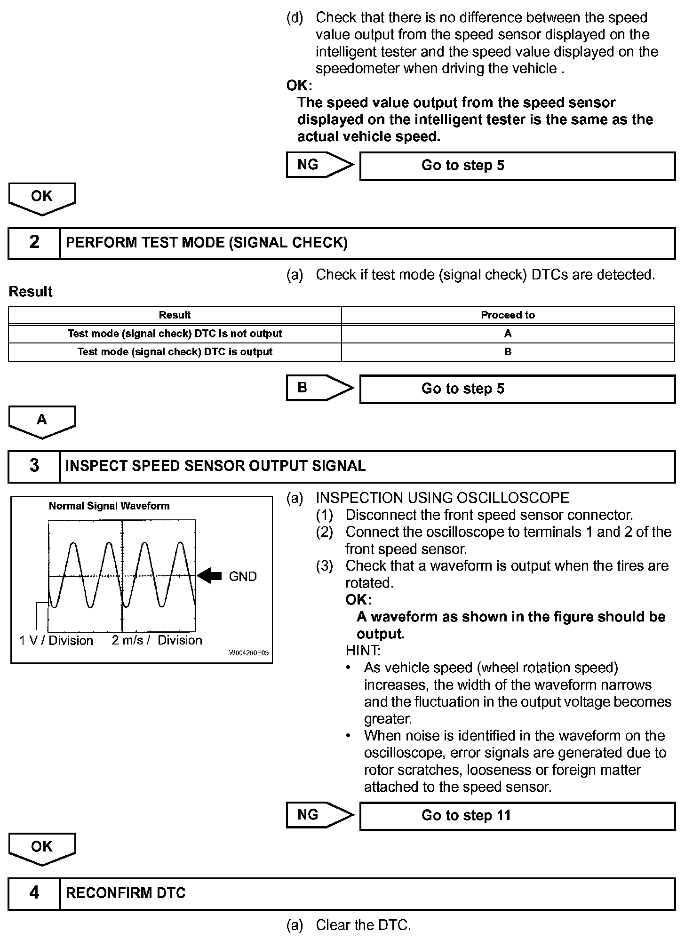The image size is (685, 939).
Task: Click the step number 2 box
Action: point(34,243)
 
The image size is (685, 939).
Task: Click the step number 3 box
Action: point(34,466)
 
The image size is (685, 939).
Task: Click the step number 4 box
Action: point(34,893)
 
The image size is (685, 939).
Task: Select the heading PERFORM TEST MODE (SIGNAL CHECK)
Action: point(207,243)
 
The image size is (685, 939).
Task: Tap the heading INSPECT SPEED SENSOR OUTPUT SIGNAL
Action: point(215,466)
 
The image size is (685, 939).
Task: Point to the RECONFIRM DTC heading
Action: point(126,893)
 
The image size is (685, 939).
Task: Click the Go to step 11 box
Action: point(517,815)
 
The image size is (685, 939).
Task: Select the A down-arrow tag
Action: point(42,421)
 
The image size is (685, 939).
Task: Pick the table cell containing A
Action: point(508,334)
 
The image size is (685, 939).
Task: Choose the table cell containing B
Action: point(508,352)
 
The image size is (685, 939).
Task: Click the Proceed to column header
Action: point(508,315)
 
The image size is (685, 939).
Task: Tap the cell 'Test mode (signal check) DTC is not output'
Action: point(175,334)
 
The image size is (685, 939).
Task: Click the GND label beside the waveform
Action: point(243,576)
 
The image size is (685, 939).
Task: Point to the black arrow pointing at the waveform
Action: point(210,575)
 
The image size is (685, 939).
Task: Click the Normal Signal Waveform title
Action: point(109,506)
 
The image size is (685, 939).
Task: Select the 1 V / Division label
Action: point(56,640)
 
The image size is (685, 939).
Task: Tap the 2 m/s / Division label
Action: point(157,640)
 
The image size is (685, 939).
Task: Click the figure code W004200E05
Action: point(248,653)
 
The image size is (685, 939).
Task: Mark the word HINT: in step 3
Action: point(363,651)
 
